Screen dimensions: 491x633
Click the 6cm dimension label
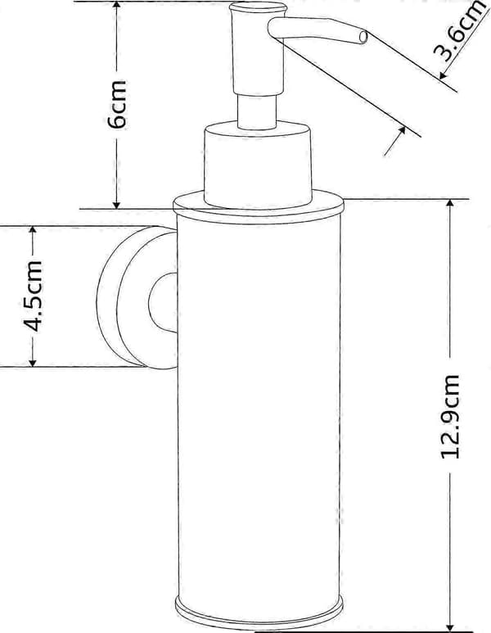tap(117, 104)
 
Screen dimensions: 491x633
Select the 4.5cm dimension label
tap(33, 296)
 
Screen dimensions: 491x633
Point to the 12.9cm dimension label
tap(450, 417)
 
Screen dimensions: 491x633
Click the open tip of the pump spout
tap(363, 37)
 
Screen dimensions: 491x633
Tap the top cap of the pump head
tap(259, 7)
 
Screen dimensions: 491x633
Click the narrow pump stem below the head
tap(257, 112)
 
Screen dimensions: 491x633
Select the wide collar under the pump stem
tap(259, 165)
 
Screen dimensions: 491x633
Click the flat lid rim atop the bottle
tap(259, 206)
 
